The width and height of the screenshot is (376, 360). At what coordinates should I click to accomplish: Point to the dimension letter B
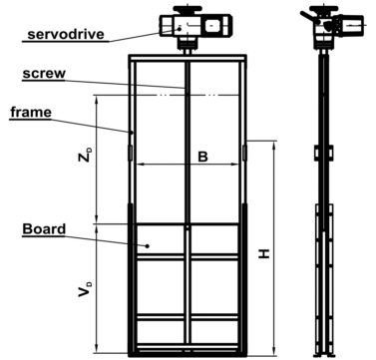tap(201, 157)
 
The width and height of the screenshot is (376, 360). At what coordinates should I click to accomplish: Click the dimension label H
tap(263, 253)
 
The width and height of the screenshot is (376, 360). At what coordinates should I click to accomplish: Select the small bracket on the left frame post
tap(130, 153)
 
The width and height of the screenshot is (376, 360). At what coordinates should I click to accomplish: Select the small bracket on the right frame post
tap(244, 153)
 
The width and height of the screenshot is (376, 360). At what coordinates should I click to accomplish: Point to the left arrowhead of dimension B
tap(139, 164)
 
